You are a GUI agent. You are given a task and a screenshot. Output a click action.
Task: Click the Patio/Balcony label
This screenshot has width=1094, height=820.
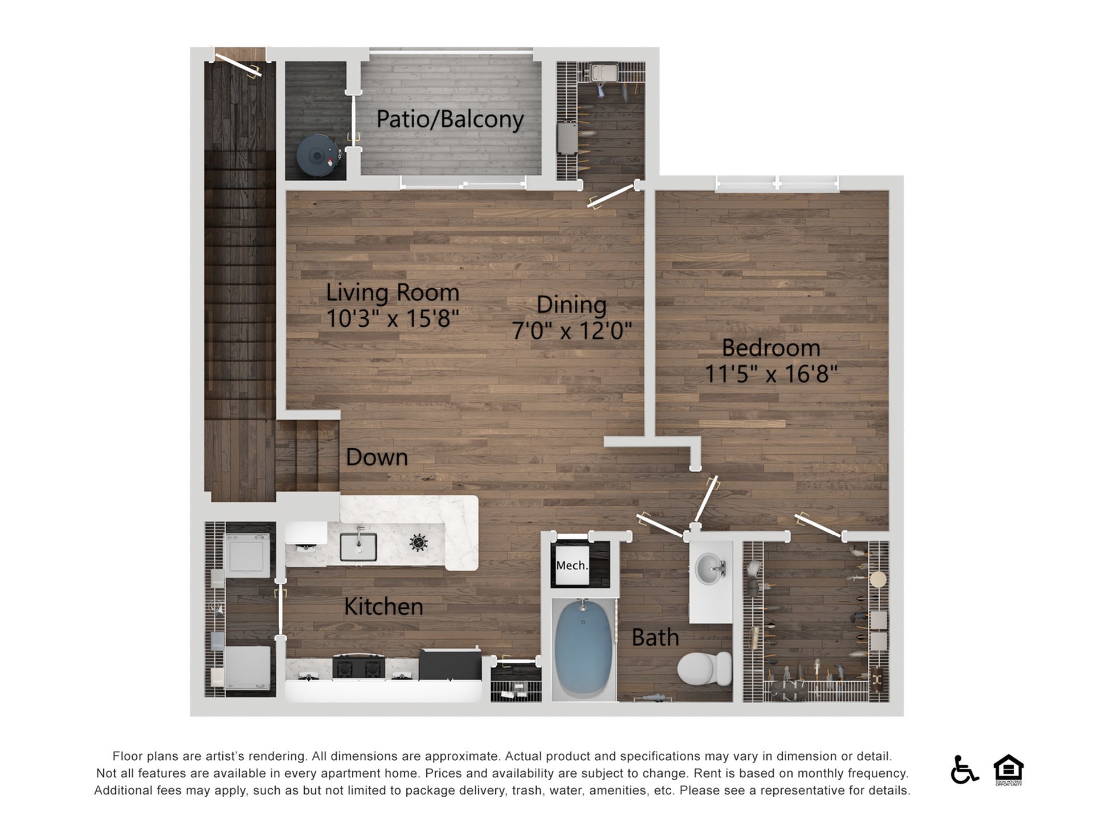[450, 120]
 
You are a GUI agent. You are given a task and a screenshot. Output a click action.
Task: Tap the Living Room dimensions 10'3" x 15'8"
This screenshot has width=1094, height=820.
[392, 318]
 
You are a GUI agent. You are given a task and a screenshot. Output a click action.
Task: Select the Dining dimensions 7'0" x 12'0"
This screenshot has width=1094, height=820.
[572, 330]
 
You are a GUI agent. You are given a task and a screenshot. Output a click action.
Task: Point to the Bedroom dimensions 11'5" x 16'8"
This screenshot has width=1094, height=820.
[771, 374]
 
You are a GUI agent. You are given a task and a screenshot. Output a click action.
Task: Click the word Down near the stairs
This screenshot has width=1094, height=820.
[377, 457]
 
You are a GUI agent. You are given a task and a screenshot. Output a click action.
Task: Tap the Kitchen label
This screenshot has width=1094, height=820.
[383, 606]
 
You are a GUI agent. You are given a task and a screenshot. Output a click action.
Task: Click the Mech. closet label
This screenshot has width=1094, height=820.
[572, 565]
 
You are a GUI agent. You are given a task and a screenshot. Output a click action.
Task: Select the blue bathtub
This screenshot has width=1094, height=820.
[583, 649]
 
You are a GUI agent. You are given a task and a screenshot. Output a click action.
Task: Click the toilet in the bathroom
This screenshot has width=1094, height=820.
[705, 669]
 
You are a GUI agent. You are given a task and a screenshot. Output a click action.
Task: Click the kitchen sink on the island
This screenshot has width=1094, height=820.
[358, 547]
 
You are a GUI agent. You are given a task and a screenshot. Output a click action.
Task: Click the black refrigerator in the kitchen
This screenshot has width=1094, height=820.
[450, 665]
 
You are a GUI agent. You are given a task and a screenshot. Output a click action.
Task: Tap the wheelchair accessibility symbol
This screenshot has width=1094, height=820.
[964, 769]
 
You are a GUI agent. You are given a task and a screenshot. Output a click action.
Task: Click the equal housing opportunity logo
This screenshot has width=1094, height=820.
[1009, 769]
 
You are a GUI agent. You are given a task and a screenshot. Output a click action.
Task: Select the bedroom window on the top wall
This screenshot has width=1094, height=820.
[777, 183]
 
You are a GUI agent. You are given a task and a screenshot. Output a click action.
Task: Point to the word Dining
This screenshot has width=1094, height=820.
[572, 305]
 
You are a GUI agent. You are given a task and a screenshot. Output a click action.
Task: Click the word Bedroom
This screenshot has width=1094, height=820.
[771, 348]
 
